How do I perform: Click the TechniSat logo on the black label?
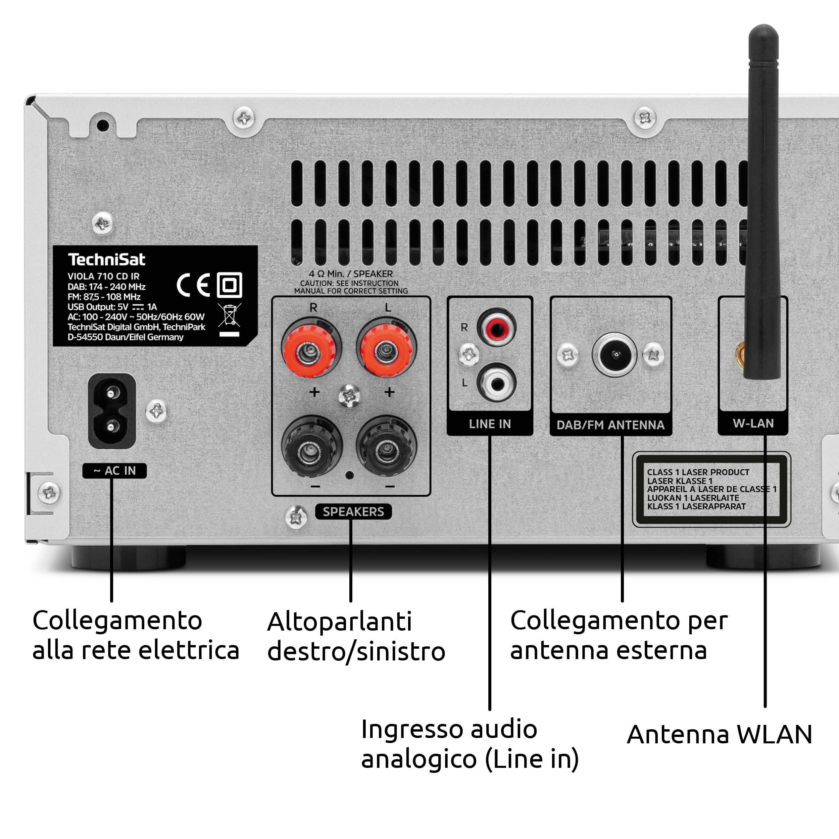[x=106, y=259]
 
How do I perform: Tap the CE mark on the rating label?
[x=193, y=285]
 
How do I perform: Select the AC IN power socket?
[x=112, y=411]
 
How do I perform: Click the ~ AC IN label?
[x=115, y=471]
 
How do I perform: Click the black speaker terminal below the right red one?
[x=311, y=447]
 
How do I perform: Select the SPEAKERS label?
[x=353, y=511]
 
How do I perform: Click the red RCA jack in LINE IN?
[x=496, y=327]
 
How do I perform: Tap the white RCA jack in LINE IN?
[x=496, y=382]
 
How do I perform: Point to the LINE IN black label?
[x=490, y=424]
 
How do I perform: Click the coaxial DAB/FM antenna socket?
[x=614, y=354]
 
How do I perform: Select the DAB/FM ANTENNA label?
[x=610, y=425]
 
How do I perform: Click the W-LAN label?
[x=753, y=424]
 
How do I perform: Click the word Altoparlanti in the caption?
[x=340, y=622]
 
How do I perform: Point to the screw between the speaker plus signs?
[x=349, y=396]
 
